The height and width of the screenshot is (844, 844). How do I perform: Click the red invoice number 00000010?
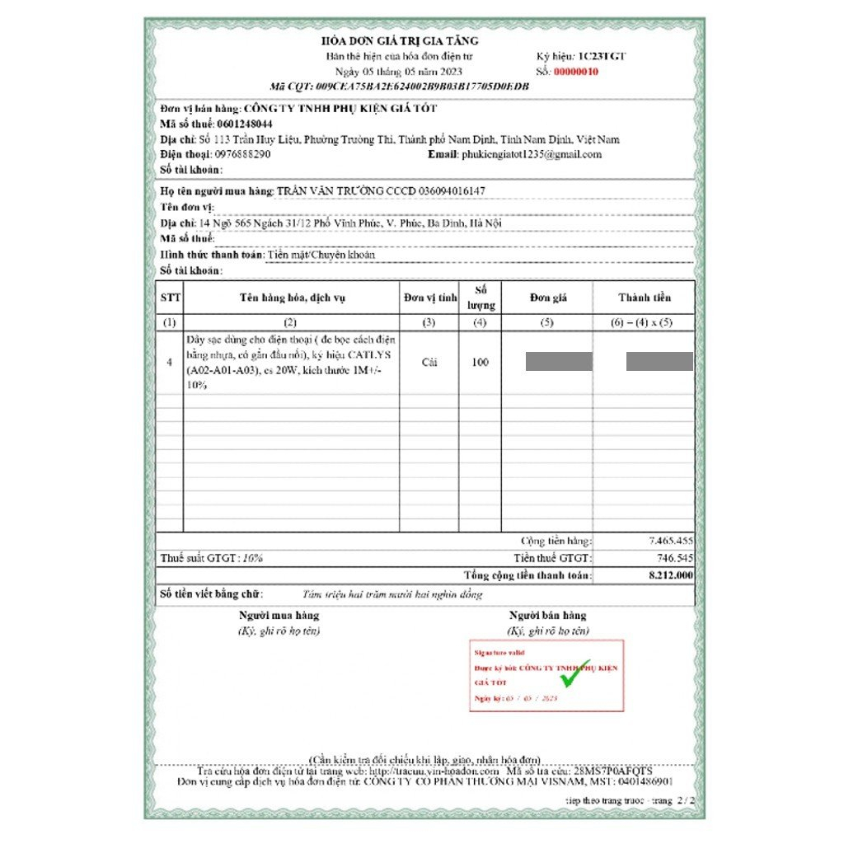(x=575, y=72)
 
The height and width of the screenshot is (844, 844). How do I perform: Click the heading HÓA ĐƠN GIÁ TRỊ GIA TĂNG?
(x=400, y=40)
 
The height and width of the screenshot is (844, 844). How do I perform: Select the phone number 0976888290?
(x=242, y=154)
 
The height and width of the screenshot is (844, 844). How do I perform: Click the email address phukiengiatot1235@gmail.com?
(x=532, y=154)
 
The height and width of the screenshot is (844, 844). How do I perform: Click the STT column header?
(x=170, y=298)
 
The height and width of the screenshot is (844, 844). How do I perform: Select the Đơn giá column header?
(x=548, y=298)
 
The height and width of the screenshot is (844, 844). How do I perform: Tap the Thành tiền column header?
(x=645, y=298)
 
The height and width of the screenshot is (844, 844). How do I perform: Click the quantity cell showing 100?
(x=480, y=362)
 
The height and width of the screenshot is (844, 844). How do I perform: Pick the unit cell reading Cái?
(x=429, y=362)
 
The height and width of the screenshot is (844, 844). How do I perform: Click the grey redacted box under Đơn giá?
(x=559, y=361)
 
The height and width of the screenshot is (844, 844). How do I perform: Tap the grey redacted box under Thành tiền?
(x=659, y=361)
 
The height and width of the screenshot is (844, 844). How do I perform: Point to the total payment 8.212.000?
(x=670, y=574)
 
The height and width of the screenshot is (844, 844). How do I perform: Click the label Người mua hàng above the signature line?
(x=279, y=615)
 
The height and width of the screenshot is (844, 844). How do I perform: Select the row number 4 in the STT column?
(x=169, y=362)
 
